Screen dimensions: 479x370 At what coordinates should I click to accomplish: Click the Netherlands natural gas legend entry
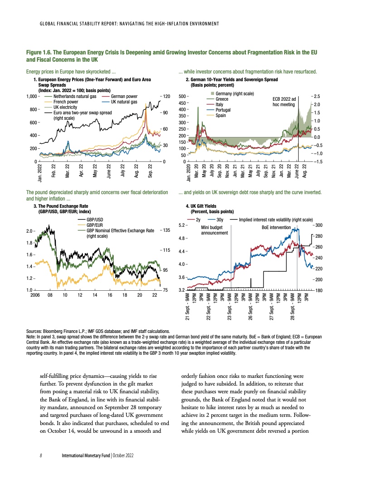point(75,97)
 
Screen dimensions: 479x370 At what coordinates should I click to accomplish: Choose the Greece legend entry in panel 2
point(222,99)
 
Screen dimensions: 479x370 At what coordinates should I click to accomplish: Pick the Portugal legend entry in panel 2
point(224,110)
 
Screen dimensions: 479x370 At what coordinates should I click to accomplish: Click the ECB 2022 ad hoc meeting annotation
point(284,101)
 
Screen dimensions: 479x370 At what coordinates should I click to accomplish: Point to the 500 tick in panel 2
point(181,97)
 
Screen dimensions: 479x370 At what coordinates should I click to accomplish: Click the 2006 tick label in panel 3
point(35,295)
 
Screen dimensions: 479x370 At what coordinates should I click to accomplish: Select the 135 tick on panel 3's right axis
point(166,230)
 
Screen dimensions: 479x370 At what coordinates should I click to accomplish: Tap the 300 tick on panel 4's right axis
point(318,225)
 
